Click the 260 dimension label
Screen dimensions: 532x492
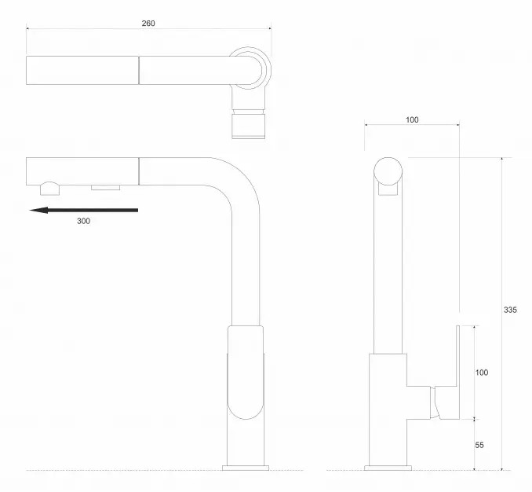(148, 23)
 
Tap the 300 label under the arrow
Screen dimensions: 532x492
(83, 221)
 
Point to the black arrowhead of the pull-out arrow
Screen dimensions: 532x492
(38, 211)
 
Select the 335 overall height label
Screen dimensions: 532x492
(510, 310)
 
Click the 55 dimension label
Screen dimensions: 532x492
(479, 445)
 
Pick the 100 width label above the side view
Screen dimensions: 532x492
(412, 119)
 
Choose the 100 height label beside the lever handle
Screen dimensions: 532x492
(482, 373)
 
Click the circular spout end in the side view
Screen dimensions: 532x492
(388, 171)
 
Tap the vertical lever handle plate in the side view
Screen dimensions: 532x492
(457, 372)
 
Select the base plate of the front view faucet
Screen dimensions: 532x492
(246, 468)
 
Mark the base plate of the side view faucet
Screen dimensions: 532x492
(388, 468)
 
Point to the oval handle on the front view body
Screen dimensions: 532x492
(246, 373)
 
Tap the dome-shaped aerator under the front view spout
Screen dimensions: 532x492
(50, 189)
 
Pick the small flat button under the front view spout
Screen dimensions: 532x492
(105, 188)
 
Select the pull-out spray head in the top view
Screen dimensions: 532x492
(82, 70)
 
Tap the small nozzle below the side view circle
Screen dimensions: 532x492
(388, 190)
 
